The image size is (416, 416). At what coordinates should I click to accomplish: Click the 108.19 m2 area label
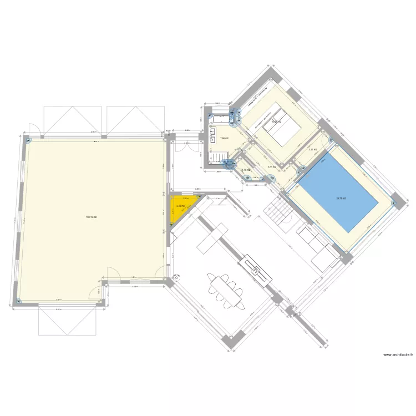click(91, 217)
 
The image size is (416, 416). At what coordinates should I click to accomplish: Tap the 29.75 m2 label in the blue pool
click(341, 198)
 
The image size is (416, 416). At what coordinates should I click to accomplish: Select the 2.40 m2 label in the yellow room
click(180, 206)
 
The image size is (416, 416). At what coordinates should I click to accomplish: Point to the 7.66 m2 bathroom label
click(224, 138)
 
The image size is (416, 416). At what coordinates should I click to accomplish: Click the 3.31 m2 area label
click(313, 149)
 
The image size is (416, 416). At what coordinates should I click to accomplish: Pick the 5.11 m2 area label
click(271, 167)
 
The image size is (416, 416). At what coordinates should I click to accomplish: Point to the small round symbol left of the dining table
click(177, 278)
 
